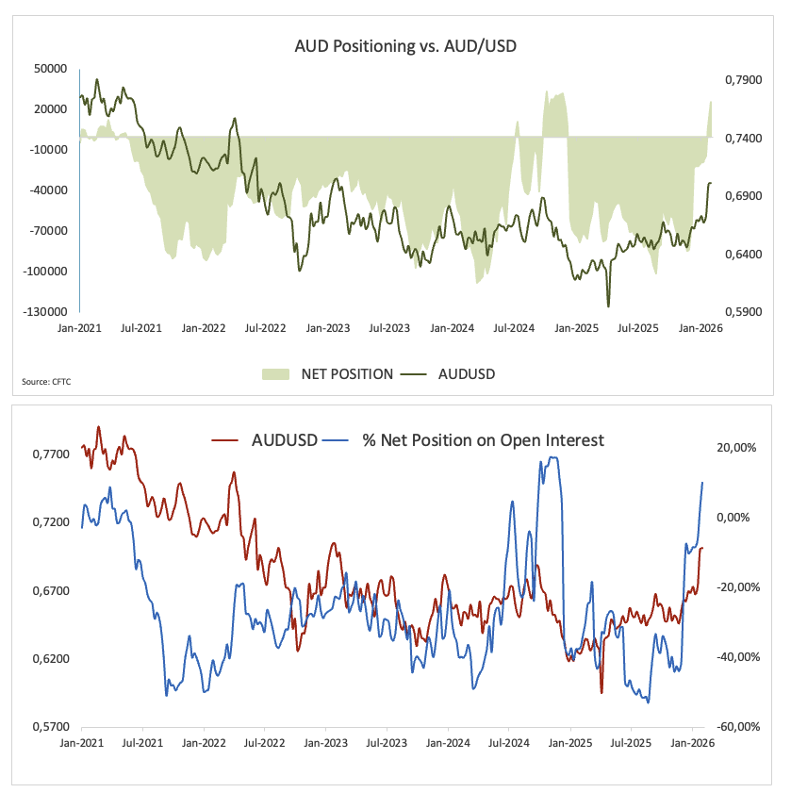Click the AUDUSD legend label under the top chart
click(467, 374)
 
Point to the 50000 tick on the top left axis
click(49, 69)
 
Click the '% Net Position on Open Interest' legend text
click(483, 440)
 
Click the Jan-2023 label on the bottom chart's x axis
click(324, 743)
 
